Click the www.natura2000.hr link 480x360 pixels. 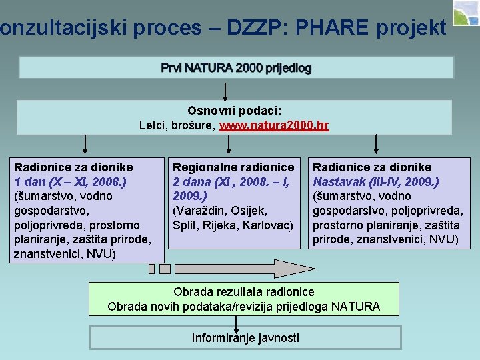point(274,125)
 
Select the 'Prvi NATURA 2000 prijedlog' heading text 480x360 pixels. point(236,68)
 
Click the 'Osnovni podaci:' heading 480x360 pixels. point(235,110)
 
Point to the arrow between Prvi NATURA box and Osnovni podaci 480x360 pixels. point(225,90)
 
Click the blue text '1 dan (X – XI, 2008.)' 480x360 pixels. point(71,181)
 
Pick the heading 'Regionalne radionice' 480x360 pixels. point(233,167)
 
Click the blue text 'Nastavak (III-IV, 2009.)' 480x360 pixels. point(376,181)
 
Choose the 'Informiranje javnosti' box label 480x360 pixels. point(245,338)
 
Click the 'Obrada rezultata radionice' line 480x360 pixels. point(243,292)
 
